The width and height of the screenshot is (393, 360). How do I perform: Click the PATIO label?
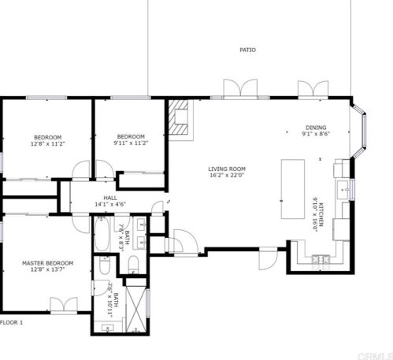click(247, 50)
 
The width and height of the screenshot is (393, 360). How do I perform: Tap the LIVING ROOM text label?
click(227, 169)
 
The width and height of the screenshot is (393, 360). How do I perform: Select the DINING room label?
click(316, 128)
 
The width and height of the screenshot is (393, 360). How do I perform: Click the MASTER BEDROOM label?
click(47, 262)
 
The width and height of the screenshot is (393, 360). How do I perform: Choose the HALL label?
click(110, 198)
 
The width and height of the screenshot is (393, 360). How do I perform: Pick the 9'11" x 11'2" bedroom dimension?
click(130, 143)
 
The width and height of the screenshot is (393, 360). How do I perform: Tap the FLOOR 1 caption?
click(12, 323)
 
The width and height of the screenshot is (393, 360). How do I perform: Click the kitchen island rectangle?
click(293, 189)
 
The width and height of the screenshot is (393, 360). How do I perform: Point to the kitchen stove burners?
click(320, 258)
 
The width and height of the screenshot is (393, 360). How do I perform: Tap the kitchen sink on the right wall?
click(343, 189)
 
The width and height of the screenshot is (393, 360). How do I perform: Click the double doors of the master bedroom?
click(61, 304)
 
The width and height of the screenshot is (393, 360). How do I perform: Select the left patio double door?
click(239, 89)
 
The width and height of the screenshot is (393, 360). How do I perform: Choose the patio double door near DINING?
click(310, 89)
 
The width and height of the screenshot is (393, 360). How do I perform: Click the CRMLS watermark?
click(376, 355)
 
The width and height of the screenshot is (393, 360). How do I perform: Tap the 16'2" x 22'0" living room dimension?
click(227, 176)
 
